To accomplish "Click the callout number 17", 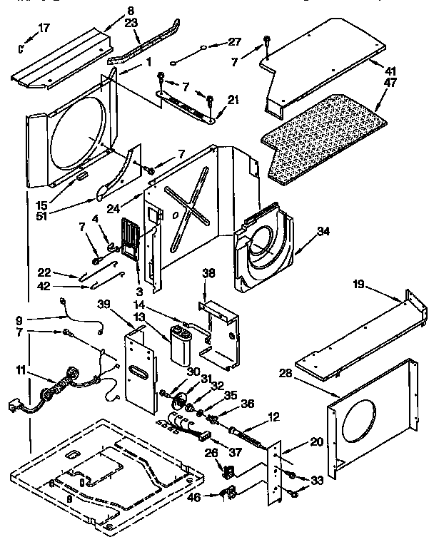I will pos(44,29).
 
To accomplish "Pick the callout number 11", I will pos(22,370).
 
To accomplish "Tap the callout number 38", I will pos(208,272).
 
